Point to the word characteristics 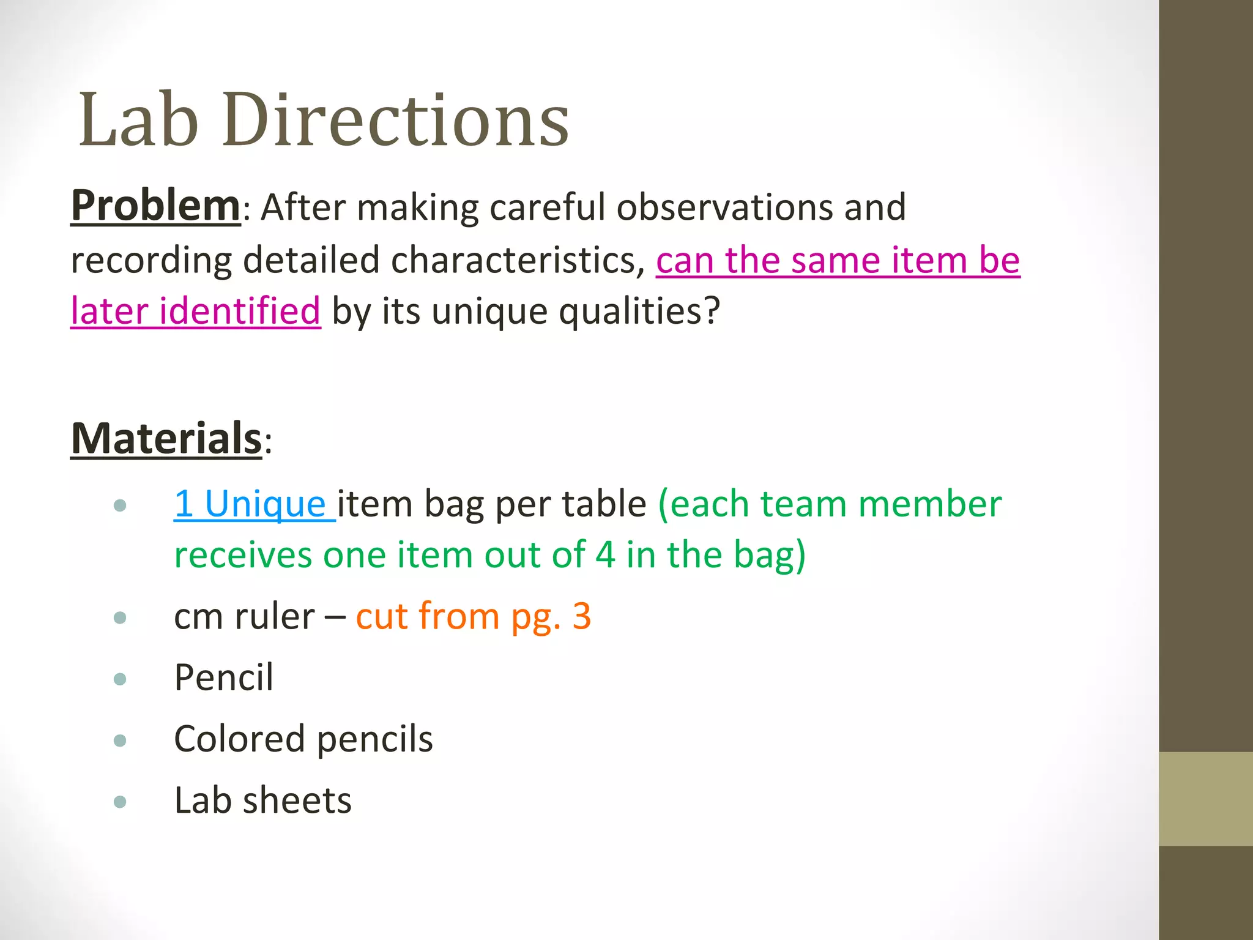click(518, 260)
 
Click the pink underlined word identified click(239, 311)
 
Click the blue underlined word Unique click(264, 504)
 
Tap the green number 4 click(605, 554)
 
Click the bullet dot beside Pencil click(120, 679)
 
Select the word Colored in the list click(239, 739)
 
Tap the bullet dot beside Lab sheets click(120, 802)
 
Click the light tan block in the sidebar click(1205, 799)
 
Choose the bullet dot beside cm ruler click(120, 617)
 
